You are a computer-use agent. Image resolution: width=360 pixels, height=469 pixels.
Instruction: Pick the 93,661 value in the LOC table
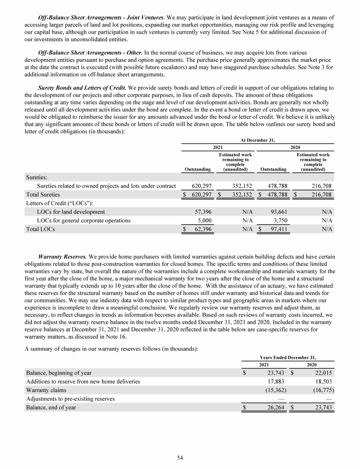click(277, 212)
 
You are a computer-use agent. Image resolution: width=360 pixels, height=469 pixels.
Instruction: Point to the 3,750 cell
click(278, 220)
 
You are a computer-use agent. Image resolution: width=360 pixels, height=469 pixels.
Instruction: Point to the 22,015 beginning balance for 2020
click(322, 373)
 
